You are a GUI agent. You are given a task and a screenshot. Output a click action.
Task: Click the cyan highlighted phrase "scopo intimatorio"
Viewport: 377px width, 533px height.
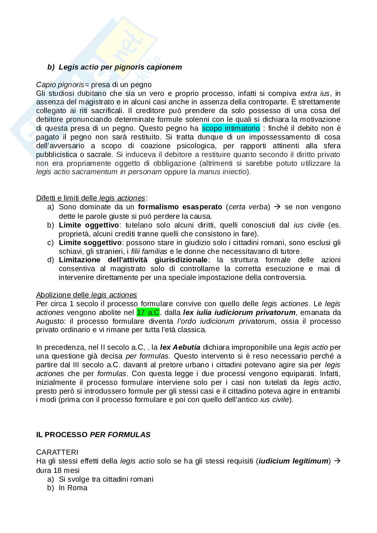click(x=231, y=128)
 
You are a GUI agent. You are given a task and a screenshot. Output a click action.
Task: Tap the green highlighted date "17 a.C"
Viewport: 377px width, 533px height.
click(x=148, y=312)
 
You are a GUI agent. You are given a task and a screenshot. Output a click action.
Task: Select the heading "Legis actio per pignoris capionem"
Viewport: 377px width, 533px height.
click(x=120, y=67)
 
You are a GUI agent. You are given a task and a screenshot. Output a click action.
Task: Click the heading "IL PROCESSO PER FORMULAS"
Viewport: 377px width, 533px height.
click(x=93, y=435)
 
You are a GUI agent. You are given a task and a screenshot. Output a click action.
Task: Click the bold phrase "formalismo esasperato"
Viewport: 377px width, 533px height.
click(x=180, y=207)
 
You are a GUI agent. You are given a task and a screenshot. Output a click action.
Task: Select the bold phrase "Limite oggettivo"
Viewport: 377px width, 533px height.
click(x=89, y=225)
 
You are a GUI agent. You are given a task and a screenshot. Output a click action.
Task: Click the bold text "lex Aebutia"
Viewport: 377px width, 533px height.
click(x=180, y=347)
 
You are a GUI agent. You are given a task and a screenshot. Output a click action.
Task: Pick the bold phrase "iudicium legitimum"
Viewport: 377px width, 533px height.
click(x=293, y=461)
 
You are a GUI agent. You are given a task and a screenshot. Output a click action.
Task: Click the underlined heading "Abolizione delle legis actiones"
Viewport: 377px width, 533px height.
click(x=86, y=295)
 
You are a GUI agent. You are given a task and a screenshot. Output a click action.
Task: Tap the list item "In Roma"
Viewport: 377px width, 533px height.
click(x=73, y=488)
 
